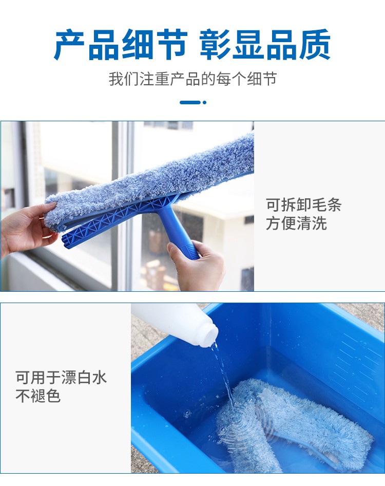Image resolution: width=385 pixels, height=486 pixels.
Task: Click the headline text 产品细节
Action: (x=121, y=45)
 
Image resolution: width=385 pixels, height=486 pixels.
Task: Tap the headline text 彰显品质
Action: (x=265, y=45)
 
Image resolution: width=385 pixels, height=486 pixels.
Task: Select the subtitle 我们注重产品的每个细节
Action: (x=192, y=79)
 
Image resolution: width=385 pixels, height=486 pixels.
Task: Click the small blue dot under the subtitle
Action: (x=204, y=102)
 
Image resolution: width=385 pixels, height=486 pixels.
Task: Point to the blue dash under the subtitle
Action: (x=190, y=102)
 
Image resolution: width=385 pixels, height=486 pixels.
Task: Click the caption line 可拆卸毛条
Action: (x=304, y=204)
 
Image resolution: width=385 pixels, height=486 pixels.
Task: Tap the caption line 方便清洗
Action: (x=296, y=223)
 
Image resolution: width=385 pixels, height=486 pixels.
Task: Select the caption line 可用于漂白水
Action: (x=61, y=378)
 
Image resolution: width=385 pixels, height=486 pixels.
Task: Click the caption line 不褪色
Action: (x=38, y=396)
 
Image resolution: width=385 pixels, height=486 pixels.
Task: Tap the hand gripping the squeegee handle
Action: (x=196, y=265)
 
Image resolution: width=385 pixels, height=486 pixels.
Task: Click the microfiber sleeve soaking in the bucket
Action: (x=294, y=425)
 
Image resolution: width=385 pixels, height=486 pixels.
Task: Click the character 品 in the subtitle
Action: (x=192, y=79)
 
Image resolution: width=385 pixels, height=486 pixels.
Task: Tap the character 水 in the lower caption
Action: (x=99, y=378)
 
